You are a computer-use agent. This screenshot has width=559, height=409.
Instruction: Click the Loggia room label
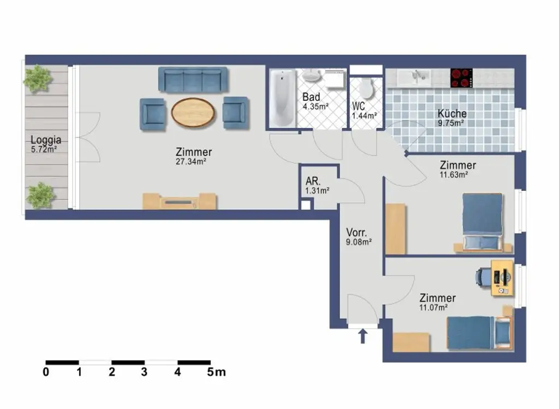point(46,140)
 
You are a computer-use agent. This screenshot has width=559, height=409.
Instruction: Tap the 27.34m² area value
point(193,161)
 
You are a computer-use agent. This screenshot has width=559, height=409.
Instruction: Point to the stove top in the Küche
point(461,78)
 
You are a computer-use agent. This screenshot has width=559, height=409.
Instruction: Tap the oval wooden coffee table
point(193,112)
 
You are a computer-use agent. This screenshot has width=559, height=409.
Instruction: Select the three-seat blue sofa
point(193,80)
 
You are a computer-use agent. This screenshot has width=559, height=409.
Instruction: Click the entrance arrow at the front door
point(362,335)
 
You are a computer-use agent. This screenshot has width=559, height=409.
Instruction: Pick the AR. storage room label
point(313,181)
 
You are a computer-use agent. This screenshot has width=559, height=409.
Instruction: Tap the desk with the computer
point(502,278)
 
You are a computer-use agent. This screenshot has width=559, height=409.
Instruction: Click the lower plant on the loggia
point(40,195)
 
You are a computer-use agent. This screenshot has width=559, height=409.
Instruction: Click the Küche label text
point(452,113)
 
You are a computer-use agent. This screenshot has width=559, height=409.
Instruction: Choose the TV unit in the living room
point(180,202)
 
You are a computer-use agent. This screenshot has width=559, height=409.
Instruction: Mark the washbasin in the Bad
point(316,76)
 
